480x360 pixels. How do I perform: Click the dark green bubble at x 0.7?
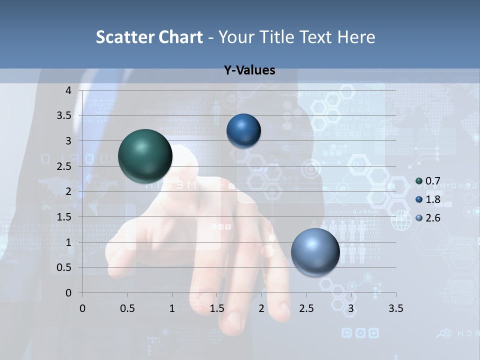click(x=145, y=156)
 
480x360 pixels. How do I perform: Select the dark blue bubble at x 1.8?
click(x=243, y=130)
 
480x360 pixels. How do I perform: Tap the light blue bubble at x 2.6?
click(x=315, y=252)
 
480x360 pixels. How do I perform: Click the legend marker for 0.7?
click(x=419, y=181)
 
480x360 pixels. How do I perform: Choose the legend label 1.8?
click(x=432, y=199)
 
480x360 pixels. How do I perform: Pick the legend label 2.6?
click(x=432, y=218)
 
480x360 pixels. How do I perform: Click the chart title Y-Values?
click(x=249, y=70)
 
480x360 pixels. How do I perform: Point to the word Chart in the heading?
click(x=180, y=37)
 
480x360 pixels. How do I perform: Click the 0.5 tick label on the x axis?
click(x=127, y=308)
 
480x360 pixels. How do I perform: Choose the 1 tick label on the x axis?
click(x=172, y=308)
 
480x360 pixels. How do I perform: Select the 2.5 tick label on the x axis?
click(x=306, y=308)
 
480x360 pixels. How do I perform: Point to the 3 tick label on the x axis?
click(x=351, y=308)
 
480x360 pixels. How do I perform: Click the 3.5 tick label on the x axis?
click(x=396, y=308)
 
